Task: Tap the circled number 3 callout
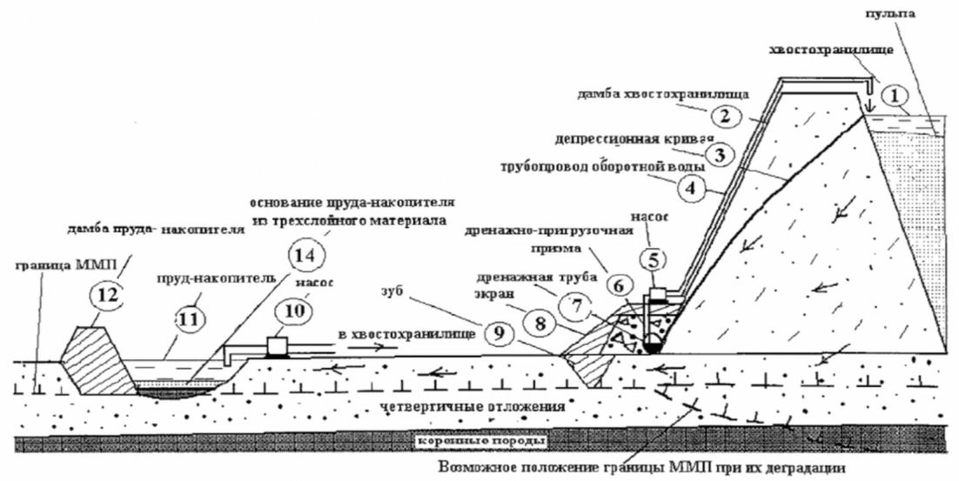[719, 155]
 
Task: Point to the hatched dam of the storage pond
[96, 359]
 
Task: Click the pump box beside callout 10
[278, 345]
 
